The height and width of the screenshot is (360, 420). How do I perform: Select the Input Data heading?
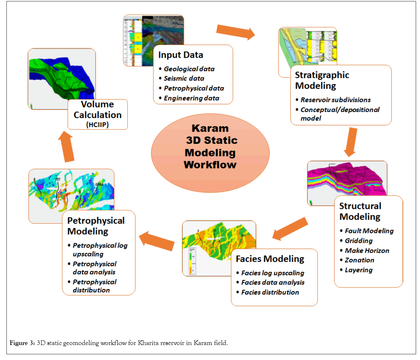coord(181,55)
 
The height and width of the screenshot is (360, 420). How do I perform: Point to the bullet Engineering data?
coord(191,98)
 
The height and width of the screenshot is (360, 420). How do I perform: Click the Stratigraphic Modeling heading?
coord(322,80)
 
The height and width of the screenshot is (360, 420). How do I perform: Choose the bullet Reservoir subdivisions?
coord(335,100)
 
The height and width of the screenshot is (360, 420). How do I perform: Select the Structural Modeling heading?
coord(360,211)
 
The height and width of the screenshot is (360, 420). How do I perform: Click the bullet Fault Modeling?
coord(369,231)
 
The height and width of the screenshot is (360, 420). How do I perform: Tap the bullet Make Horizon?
coord(367,250)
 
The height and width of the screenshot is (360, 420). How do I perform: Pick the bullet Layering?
coord(359,270)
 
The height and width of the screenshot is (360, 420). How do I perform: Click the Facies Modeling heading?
coord(270,259)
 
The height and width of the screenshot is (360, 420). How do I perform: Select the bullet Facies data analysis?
coord(273,283)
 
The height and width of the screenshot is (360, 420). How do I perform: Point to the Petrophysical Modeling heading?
coord(96,225)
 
